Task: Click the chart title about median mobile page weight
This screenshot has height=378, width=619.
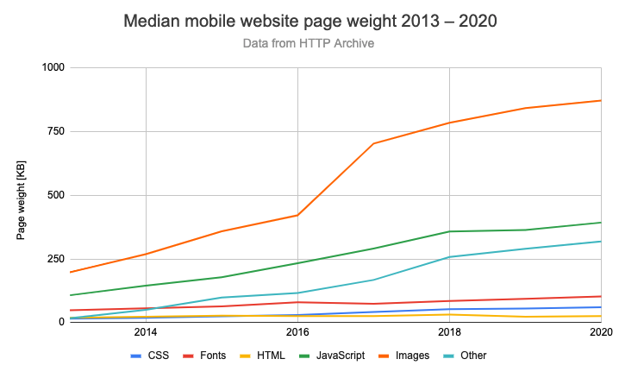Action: pyautogui.click(x=309, y=21)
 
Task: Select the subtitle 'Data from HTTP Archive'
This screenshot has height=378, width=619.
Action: pyautogui.click(x=309, y=42)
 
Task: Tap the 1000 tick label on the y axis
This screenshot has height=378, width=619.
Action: pyautogui.click(x=53, y=67)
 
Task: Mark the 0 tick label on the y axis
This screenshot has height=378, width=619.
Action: pyautogui.click(x=61, y=322)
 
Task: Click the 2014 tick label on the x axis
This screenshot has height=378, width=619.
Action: pyautogui.click(x=145, y=332)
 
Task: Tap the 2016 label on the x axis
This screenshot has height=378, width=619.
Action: pyautogui.click(x=297, y=332)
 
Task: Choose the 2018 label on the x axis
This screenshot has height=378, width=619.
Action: pyautogui.click(x=449, y=332)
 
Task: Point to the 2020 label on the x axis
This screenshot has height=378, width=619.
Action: pyautogui.click(x=600, y=332)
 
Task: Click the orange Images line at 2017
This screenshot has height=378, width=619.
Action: pyautogui.click(x=373, y=143)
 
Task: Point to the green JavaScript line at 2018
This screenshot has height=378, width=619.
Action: pyautogui.click(x=449, y=231)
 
